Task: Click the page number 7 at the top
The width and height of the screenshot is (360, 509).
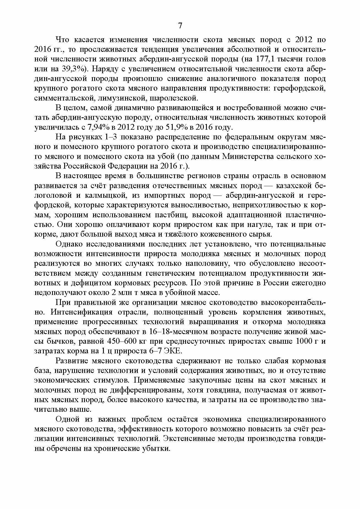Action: pyautogui.click(x=180, y=26)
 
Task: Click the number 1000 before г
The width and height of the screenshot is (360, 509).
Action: pyautogui.click(x=304, y=342)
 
